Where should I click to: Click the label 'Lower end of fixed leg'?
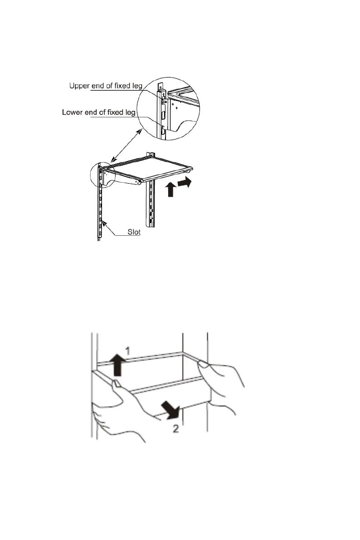click(98, 112)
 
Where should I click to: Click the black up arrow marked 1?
click(117, 364)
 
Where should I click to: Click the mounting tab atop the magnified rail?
click(159, 85)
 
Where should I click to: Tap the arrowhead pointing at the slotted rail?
click(104, 223)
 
